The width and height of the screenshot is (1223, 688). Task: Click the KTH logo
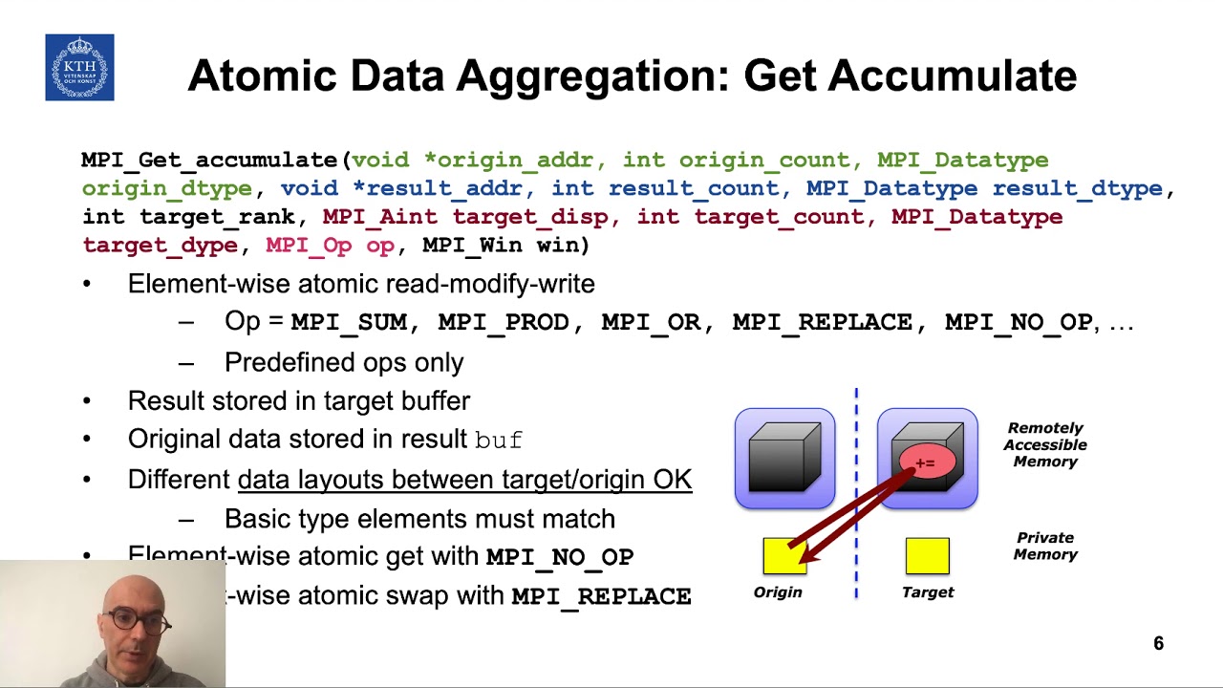click(x=79, y=68)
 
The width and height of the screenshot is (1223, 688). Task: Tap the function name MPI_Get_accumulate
click(x=209, y=160)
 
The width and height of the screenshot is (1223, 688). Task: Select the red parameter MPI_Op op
click(x=330, y=245)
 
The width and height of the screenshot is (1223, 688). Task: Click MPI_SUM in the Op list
click(x=348, y=323)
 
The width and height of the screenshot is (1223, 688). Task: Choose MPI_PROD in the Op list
click(x=503, y=323)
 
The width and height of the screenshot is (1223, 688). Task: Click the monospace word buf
click(x=499, y=441)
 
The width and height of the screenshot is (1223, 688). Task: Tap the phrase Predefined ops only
click(x=344, y=362)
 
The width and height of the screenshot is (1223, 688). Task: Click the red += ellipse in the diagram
click(x=925, y=463)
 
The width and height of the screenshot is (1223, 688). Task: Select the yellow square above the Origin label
click(x=784, y=556)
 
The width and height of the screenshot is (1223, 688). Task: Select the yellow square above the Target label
click(x=927, y=556)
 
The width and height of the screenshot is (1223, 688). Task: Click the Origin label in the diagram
click(x=778, y=592)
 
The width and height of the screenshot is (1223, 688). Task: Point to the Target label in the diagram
click(x=928, y=592)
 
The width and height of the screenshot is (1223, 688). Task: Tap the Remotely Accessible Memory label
click(x=1045, y=444)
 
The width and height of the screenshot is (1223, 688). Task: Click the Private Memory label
click(x=1045, y=546)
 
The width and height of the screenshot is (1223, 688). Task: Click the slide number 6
click(x=1158, y=644)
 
